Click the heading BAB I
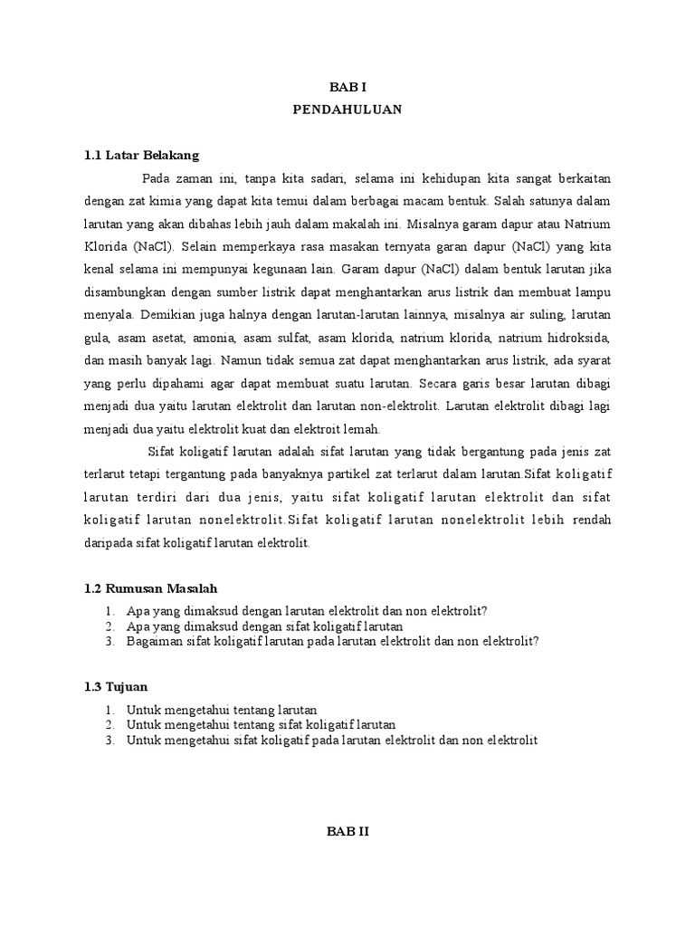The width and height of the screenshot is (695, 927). click(x=347, y=87)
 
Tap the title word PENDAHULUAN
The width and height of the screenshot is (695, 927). click(x=347, y=110)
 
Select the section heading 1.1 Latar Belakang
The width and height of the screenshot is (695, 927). click(x=140, y=155)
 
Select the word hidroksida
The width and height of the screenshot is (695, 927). click(x=578, y=337)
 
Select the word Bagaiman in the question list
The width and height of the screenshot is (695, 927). click(x=154, y=641)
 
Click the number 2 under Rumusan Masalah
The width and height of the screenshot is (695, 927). click(x=109, y=626)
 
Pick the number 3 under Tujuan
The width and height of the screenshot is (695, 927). click(x=109, y=741)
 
